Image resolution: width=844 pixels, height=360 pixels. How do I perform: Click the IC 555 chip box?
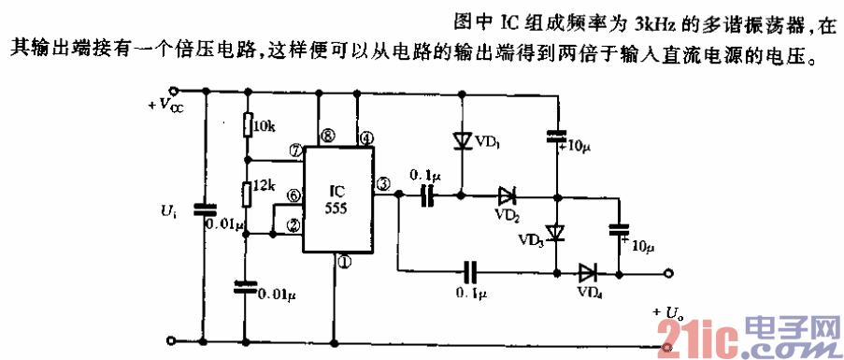337,200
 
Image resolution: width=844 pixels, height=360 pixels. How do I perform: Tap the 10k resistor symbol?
246,124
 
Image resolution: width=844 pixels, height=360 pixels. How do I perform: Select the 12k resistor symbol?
246,194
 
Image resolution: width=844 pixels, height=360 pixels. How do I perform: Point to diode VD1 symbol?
462,140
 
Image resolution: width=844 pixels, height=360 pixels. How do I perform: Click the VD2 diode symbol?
507,196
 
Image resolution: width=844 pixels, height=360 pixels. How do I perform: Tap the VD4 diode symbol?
588,273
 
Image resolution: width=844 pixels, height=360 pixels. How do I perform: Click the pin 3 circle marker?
383,184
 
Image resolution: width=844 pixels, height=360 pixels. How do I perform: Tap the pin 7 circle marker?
294,150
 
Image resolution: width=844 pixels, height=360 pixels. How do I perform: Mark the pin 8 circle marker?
326,137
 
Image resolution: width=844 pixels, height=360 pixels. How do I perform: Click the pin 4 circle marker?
366,137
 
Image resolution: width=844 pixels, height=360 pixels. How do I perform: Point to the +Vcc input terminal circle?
169,92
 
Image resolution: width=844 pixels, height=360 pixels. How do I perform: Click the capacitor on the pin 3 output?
428,195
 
